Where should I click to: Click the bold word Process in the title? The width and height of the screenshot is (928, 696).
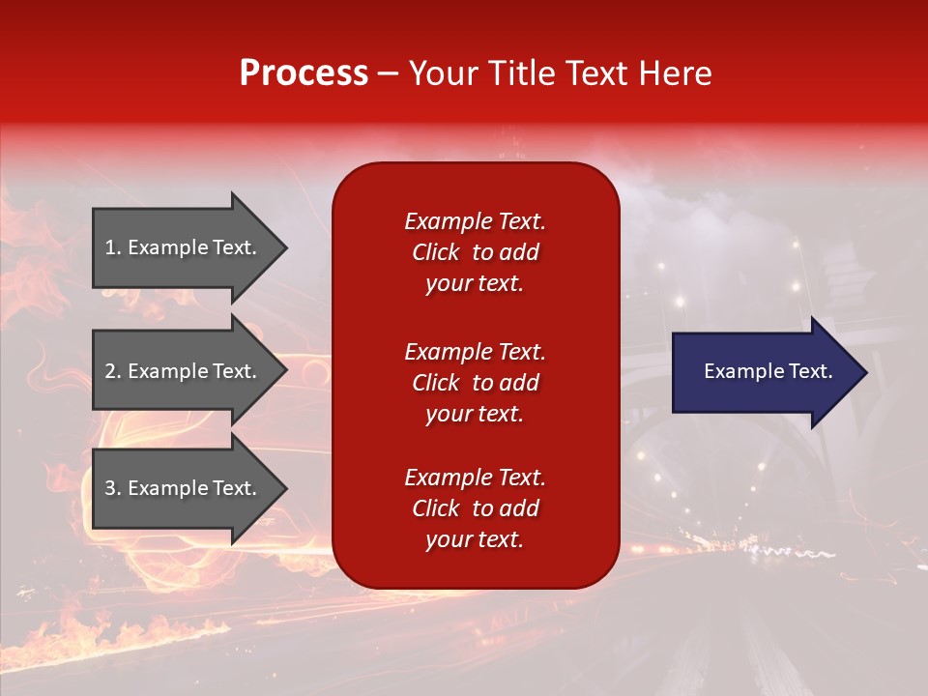click(x=304, y=73)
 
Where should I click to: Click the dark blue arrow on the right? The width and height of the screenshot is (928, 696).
click(x=764, y=372)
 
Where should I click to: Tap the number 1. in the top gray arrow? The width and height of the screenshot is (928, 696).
click(x=113, y=247)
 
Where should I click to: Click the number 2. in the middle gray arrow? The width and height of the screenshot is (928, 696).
click(x=113, y=371)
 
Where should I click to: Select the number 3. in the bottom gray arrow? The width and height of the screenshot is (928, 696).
click(x=113, y=488)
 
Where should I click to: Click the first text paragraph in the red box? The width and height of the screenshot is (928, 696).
click(x=475, y=252)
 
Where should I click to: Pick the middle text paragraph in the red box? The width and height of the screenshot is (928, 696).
click(x=475, y=383)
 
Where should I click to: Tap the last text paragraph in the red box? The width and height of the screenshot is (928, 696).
click(x=475, y=508)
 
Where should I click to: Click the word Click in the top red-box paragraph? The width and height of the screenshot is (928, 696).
click(x=436, y=252)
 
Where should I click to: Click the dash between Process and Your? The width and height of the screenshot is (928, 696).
click(x=388, y=74)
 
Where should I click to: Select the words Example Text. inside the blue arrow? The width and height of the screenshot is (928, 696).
click(x=768, y=371)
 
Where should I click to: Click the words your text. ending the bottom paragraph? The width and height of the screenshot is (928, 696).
click(x=475, y=539)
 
